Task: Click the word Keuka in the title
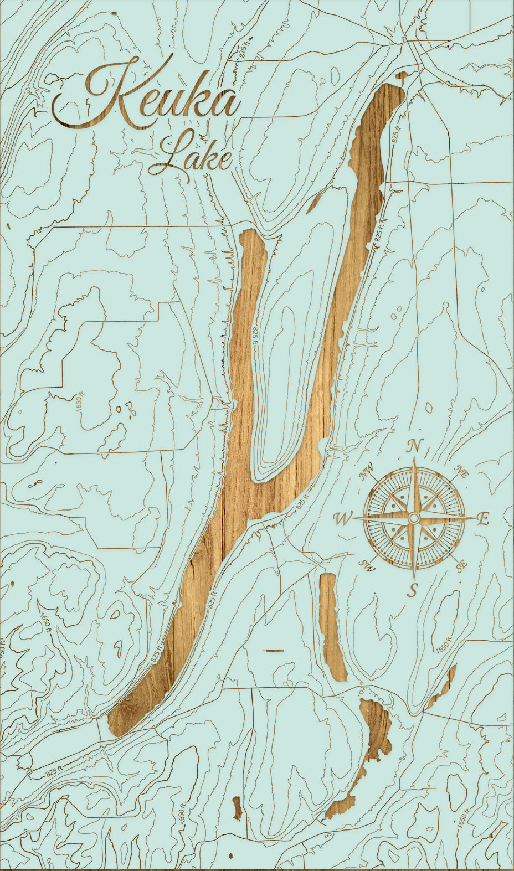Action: pyautogui.click(x=147, y=100)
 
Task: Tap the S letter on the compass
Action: pyautogui.click(x=412, y=590)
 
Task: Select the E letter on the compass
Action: pyautogui.click(x=483, y=519)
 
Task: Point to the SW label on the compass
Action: pyautogui.click(x=366, y=565)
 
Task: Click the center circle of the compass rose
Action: pyautogui.click(x=413, y=518)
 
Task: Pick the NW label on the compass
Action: pyautogui.click(x=366, y=472)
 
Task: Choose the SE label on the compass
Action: pyautogui.click(x=461, y=565)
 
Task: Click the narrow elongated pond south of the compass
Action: pyautogui.click(x=332, y=626)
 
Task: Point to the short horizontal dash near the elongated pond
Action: pyautogui.click(x=275, y=650)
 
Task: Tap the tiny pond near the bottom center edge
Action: pyautogui.click(x=237, y=808)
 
